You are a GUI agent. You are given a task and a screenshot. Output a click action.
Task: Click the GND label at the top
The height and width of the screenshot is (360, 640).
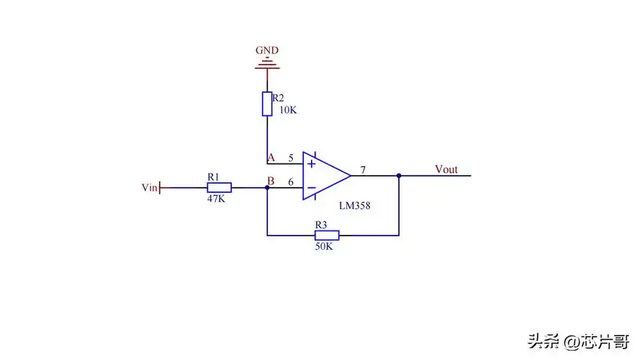click(x=267, y=50)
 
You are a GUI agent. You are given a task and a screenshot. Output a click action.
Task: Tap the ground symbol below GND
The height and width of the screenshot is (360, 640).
click(x=267, y=67)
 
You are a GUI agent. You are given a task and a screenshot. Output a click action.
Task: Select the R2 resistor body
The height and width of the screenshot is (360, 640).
click(x=267, y=103)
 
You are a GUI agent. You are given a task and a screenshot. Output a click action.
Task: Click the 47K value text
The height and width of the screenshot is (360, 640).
click(x=215, y=199)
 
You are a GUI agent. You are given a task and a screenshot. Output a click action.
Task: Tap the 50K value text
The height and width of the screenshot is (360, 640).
click(x=324, y=246)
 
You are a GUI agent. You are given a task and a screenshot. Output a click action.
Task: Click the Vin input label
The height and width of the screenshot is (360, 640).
click(x=150, y=188)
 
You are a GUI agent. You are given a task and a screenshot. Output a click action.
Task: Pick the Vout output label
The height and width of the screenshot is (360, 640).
click(x=446, y=169)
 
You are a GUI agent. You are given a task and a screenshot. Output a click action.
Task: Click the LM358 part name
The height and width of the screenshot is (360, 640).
click(x=356, y=206)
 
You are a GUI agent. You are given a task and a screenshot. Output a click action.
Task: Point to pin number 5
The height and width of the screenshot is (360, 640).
click(x=291, y=157)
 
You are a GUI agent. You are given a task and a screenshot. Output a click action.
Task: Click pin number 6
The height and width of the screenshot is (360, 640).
click(x=291, y=182)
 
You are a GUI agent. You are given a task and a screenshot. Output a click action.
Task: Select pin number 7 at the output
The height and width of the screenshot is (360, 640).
click(x=363, y=170)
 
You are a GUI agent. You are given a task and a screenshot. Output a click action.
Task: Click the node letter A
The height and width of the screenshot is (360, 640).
click(x=271, y=157)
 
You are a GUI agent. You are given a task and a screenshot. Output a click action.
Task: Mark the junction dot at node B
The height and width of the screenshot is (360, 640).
click(x=267, y=188)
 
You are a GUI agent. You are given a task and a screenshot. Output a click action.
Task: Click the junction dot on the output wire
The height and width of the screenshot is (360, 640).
click(x=398, y=175)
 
